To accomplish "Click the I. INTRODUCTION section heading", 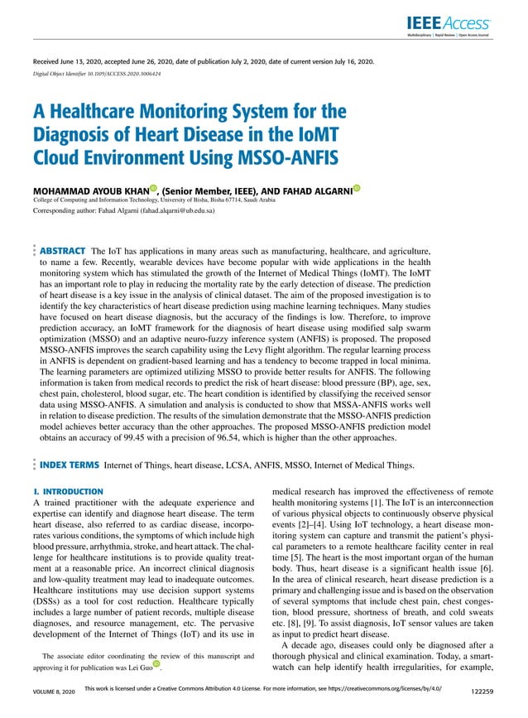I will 67,492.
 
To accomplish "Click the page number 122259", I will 482,690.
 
